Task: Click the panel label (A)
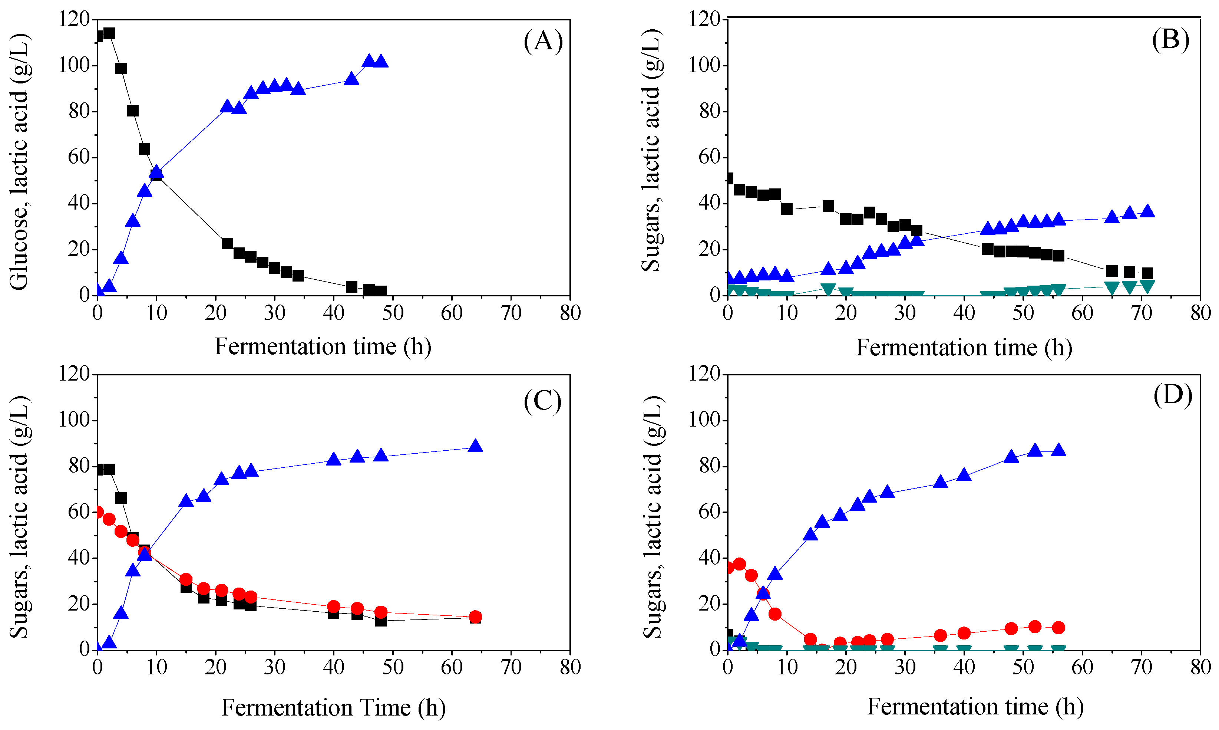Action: pyautogui.click(x=543, y=41)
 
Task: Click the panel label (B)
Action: pyautogui.click(x=1171, y=39)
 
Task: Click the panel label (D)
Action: pyautogui.click(x=1173, y=395)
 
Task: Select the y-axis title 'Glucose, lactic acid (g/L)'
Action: pyautogui.click(x=20, y=162)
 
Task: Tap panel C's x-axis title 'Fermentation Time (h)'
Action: pyautogui.click(x=333, y=707)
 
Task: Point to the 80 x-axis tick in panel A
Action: pyautogui.click(x=570, y=313)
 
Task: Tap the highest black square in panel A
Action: pyautogui.click(x=109, y=33)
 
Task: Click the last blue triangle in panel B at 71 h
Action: pyautogui.click(x=1147, y=211)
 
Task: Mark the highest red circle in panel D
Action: pyautogui.click(x=739, y=564)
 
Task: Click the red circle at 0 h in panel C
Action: pyautogui.click(x=98, y=512)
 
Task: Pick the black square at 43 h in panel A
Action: pyautogui.click(x=351, y=287)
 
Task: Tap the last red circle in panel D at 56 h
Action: pyautogui.click(x=1059, y=627)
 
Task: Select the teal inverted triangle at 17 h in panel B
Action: pyautogui.click(x=828, y=289)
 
